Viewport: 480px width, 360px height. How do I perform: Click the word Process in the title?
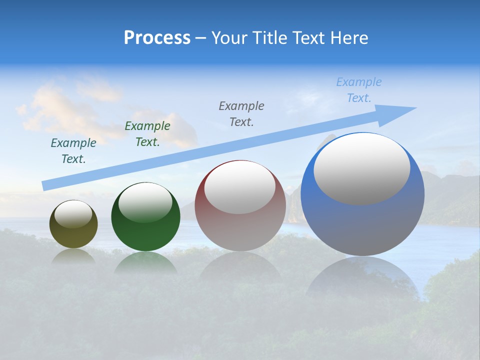[x=157, y=38]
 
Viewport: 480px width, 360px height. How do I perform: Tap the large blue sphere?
[x=362, y=225]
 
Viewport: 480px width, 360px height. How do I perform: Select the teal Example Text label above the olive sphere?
[x=73, y=151]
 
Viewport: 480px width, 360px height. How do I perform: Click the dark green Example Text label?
[x=147, y=134]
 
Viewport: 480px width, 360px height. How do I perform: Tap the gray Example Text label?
[x=241, y=113]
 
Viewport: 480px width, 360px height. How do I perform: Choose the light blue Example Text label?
[x=359, y=90]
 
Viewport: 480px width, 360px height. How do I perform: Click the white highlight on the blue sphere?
[x=361, y=168]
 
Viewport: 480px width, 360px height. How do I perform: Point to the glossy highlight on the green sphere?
[x=145, y=202]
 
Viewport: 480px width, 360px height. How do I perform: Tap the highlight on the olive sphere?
[x=73, y=214]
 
